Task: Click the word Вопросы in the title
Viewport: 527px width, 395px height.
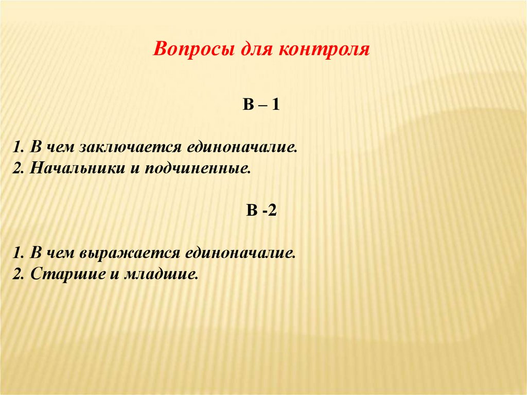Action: pos(189,51)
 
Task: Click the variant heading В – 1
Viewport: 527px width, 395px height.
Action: pos(261,107)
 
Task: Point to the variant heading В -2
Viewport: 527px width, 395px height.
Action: pos(261,212)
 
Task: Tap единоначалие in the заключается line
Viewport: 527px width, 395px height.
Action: pos(242,148)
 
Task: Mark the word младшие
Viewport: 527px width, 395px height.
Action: pos(161,273)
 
